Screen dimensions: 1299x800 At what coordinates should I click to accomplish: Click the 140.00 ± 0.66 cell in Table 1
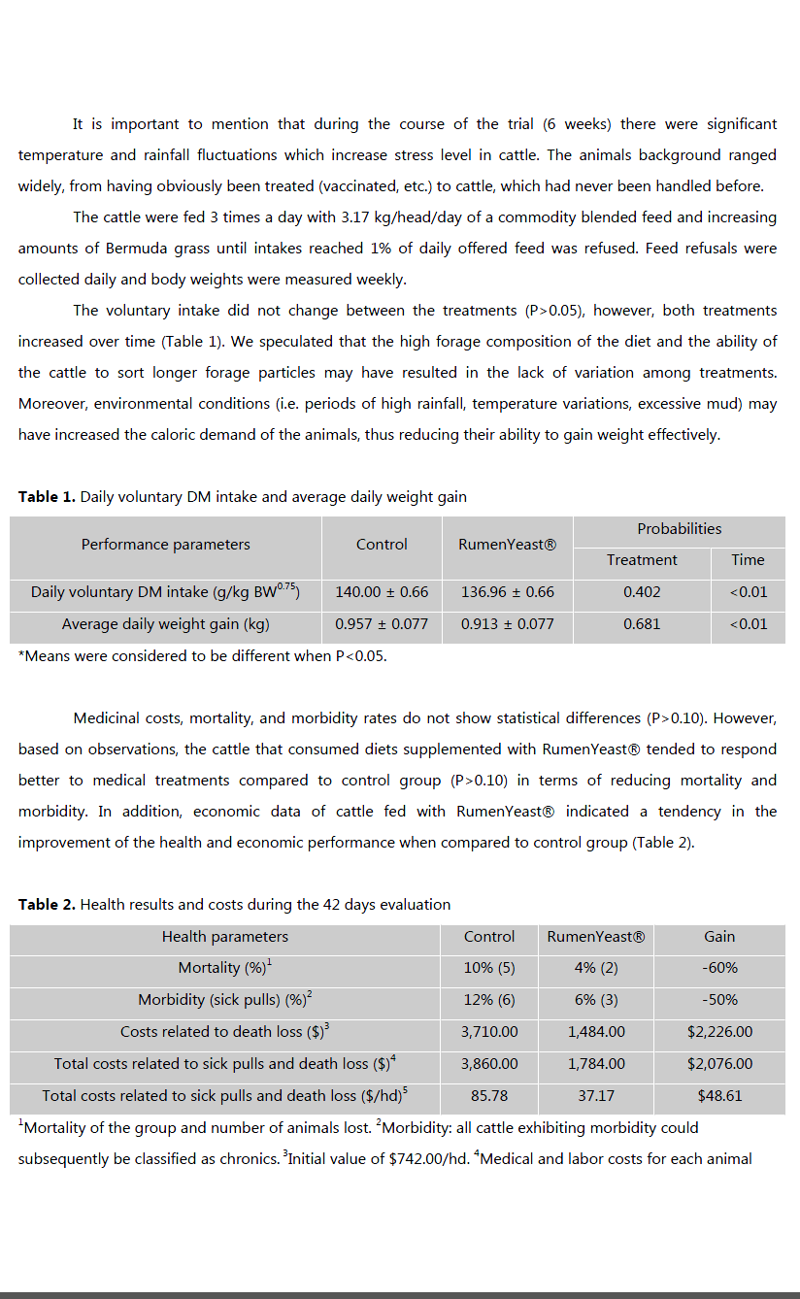[382, 592]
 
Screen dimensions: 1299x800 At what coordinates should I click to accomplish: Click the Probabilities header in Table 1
[679, 529]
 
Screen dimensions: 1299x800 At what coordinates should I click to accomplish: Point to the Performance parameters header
[165, 545]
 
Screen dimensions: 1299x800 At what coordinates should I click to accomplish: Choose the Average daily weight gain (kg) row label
[165, 624]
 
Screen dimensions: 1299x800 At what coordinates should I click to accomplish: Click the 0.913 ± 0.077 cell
[507, 624]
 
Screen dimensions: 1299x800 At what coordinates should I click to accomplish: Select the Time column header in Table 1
[748, 560]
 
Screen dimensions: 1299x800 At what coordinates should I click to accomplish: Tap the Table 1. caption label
[47, 497]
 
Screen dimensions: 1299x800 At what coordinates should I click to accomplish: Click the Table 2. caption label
[47, 905]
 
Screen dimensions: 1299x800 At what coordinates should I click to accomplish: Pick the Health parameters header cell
[224, 937]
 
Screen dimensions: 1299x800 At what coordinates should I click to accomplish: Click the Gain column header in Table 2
[719, 937]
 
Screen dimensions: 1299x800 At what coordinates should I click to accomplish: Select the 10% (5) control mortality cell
[489, 968]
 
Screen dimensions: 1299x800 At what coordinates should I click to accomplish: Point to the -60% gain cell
[719, 968]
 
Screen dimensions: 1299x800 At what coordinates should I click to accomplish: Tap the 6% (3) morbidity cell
[596, 1000]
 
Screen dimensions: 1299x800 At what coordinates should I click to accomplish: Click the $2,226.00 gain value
[719, 1032]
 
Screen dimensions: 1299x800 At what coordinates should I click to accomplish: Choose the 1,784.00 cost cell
[596, 1064]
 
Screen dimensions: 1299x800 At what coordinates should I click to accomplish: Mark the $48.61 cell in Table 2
[719, 1096]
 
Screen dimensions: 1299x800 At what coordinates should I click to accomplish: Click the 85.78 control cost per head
[489, 1096]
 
